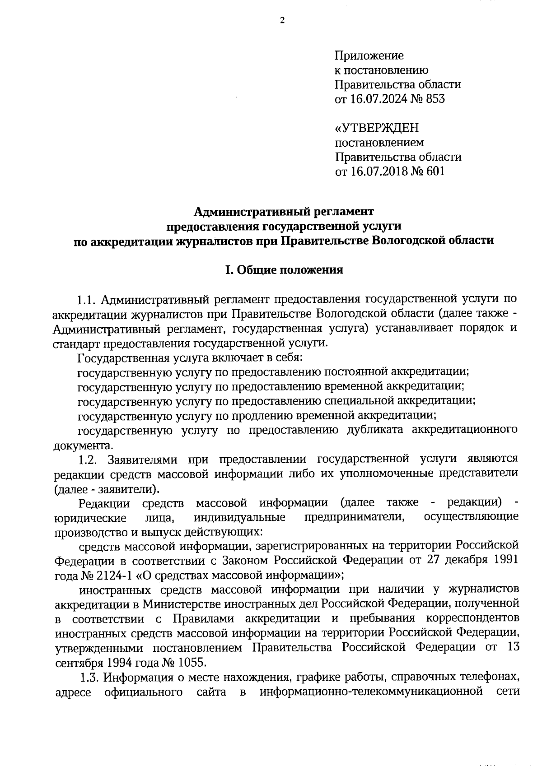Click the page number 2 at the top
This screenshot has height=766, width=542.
tap(282, 20)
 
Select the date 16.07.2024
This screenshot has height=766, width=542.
tap(375, 99)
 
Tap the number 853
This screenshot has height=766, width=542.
tap(435, 99)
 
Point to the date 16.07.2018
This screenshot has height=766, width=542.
tap(375, 172)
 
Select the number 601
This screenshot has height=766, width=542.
tap(435, 172)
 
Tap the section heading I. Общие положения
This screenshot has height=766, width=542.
tap(284, 270)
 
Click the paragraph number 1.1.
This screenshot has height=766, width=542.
tap(86, 300)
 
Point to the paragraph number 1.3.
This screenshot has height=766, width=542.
tap(89, 677)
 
